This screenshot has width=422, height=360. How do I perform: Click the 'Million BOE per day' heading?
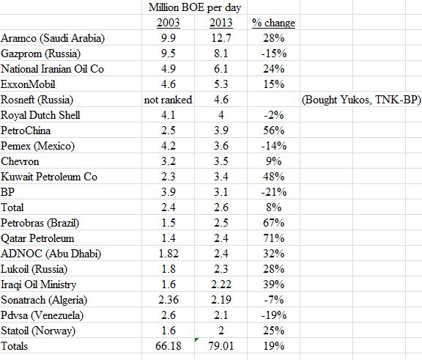195,7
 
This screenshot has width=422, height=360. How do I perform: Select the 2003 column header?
169,23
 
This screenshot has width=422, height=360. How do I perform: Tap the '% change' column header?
273,23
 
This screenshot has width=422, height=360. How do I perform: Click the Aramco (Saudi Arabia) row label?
53,38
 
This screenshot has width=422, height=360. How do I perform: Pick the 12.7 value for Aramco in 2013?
221,38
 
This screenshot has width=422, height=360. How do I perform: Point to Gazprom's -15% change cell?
274,54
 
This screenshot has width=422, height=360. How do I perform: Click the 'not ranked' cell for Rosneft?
169,100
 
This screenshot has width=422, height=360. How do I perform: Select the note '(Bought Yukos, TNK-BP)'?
361,100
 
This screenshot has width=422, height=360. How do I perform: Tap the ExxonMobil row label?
28,84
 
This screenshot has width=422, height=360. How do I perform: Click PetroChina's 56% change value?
274,131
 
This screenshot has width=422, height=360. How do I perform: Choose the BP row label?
7,192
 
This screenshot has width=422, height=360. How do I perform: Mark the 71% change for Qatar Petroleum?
274,238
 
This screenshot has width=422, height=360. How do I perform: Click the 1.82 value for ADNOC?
169,254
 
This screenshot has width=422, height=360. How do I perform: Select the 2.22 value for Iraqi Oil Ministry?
221,284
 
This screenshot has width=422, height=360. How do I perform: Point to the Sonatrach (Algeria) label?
44,300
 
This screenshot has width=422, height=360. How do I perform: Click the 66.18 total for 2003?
169,346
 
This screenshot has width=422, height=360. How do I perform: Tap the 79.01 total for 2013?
221,346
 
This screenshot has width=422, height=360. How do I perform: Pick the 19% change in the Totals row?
274,346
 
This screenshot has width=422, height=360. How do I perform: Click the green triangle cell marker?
196,339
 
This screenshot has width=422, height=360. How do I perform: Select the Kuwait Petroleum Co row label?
49,177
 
